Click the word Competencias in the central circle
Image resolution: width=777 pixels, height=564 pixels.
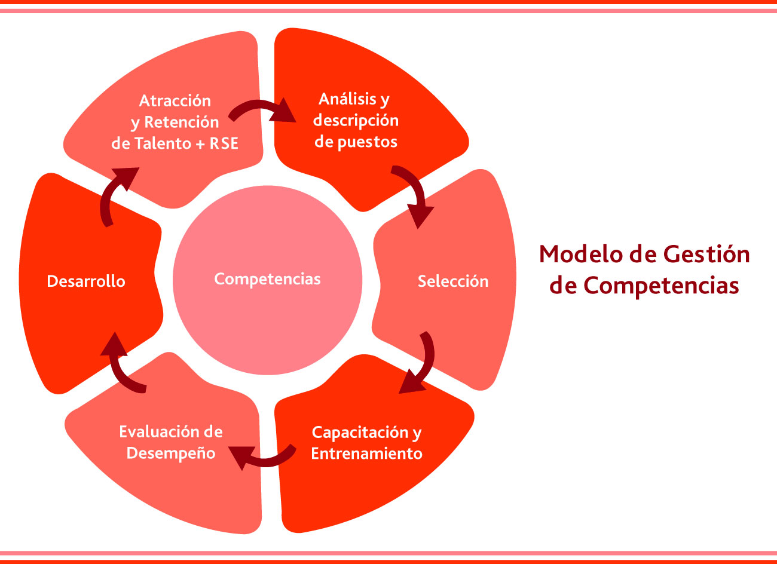tap(267, 280)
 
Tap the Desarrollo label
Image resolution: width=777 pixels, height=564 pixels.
tap(86, 281)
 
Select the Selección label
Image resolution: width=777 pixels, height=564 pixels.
tap(453, 281)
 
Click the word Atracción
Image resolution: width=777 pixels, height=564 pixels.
tap(175, 101)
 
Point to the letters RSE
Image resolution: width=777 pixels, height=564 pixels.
tap(224, 143)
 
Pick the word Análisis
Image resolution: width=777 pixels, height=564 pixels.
tap(348, 99)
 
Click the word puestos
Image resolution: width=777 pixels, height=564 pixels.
tap(368, 142)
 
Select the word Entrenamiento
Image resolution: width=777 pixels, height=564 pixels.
tap(366, 453)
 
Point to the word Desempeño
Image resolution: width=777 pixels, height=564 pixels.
tap(171, 453)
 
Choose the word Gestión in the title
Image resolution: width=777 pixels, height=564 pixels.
tap(706, 254)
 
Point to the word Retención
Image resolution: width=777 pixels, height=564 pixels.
tap(182, 122)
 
